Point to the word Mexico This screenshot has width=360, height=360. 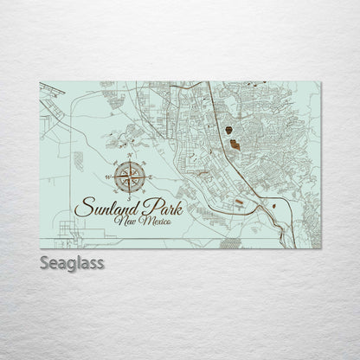154,223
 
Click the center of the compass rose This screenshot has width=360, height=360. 126,178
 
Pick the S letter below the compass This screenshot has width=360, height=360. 126,198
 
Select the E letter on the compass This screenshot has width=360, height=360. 146,178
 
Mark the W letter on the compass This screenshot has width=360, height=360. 106,178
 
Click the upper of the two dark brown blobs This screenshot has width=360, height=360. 228,130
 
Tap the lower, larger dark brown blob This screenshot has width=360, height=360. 235,141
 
